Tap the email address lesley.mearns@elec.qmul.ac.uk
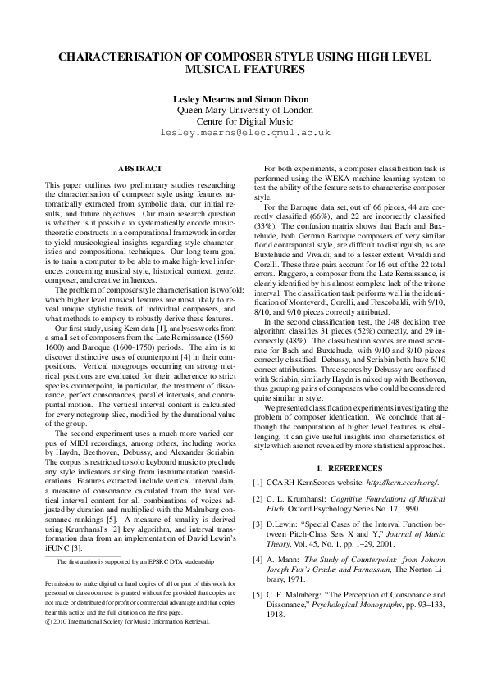coord(244,131)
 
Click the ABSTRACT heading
coord(139,168)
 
